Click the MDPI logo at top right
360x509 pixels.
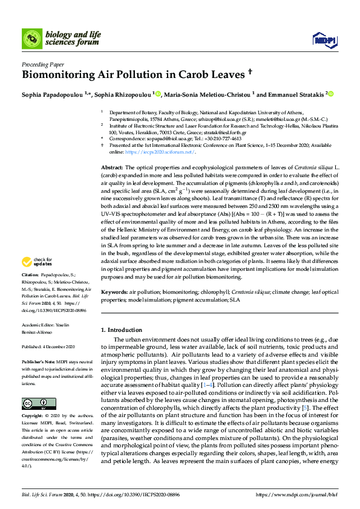(x=324, y=40)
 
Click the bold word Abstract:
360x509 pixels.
(x=112, y=166)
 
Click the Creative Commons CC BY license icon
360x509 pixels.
(x=31, y=387)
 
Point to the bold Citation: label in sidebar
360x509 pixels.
(x=31, y=291)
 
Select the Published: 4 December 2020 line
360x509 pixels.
(x=48, y=347)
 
